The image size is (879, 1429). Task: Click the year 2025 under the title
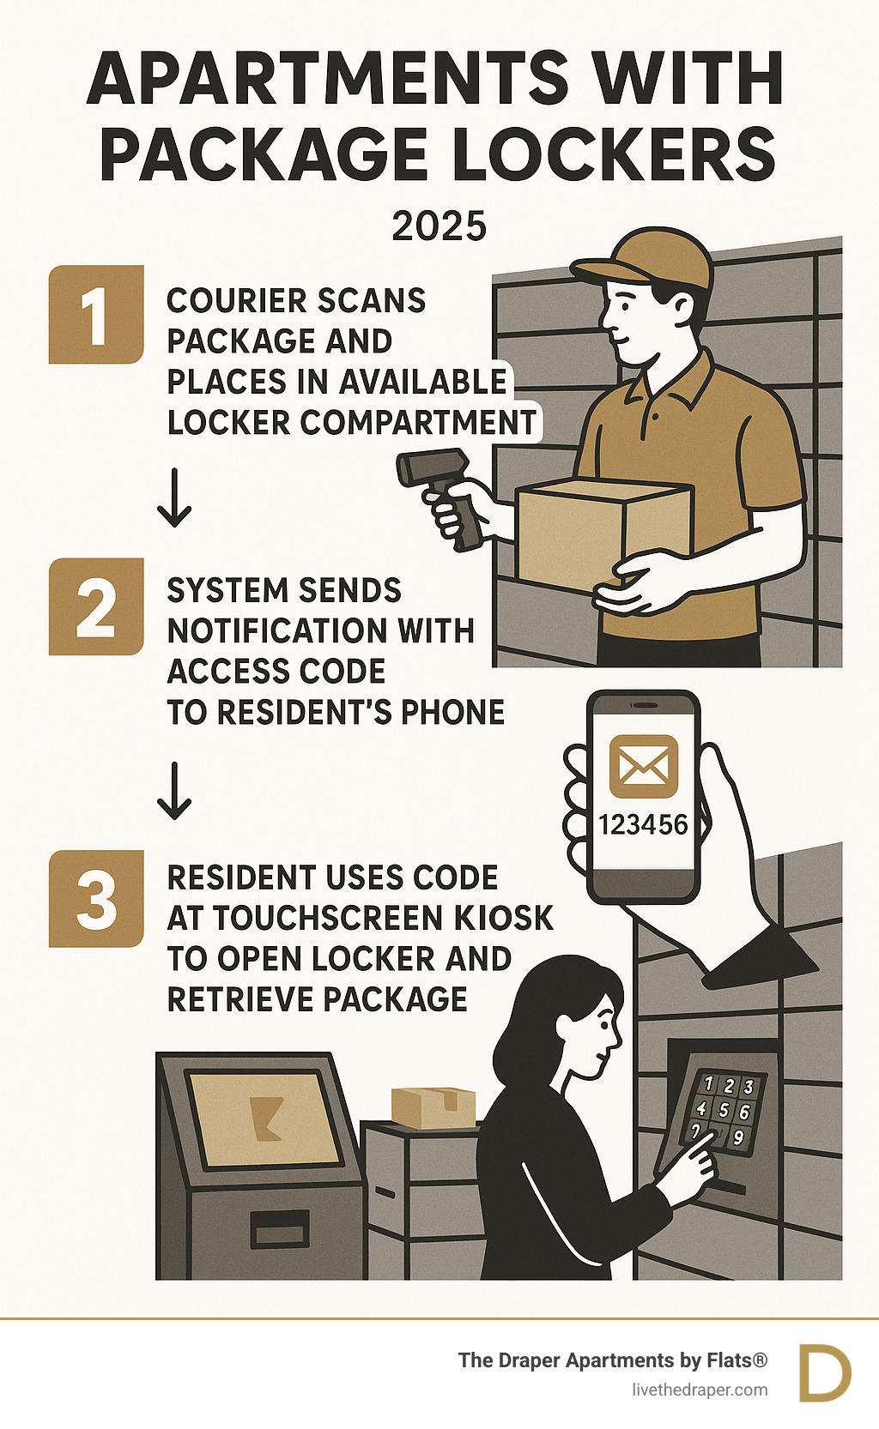coord(439,226)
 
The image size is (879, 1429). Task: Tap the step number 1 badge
coord(95,315)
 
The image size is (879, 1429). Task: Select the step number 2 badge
coord(95,606)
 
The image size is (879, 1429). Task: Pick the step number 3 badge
coord(95,898)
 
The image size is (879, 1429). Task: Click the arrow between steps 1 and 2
coord(174,497)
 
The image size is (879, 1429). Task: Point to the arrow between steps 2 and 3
coord(174,790)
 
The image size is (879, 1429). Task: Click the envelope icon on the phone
coord(643,767)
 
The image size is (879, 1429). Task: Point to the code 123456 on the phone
coord(643,825)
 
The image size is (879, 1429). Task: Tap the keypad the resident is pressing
coord(722,1111)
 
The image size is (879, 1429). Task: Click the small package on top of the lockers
coord(433,1106)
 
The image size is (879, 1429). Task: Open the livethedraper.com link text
coord(700,1390)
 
